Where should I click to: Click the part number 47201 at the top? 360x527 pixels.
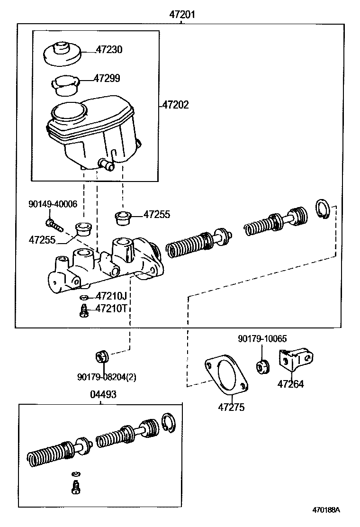coord(182,15)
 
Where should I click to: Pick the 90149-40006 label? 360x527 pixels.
coord(53,204)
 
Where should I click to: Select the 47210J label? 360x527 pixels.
coord(111,297)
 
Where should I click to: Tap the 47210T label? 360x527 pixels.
coord(111,309)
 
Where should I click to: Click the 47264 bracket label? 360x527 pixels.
coord(290,384)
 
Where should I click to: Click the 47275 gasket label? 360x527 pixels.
coord(232,407)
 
